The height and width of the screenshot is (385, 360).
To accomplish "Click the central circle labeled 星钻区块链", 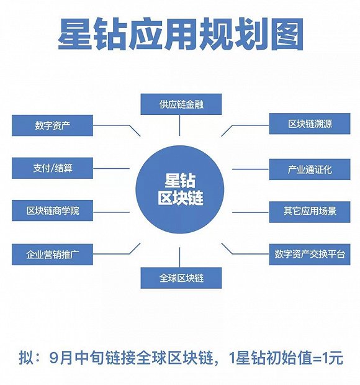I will [x=179, y=190].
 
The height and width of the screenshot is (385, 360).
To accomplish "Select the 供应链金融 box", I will [x=181, y=104].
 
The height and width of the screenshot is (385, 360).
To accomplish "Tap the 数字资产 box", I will [x=52, y=125].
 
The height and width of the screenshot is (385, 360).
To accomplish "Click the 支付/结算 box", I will [x=52, y=168].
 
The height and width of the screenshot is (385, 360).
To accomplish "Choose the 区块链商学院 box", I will [x=52, y=211].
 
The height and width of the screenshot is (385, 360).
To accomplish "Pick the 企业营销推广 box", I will [x=52, y=254].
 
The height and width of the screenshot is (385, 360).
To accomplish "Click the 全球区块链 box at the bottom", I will [x=181, y=277].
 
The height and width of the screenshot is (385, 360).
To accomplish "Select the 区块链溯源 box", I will [x=309, y=124].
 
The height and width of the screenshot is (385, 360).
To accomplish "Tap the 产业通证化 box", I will [x=309, y=169].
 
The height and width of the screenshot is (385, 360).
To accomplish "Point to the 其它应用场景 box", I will [x=309, y=211].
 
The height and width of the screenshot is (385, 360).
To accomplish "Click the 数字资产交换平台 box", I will [x=309, y=254].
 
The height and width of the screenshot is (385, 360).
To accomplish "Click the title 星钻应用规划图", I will [x=180, y=35].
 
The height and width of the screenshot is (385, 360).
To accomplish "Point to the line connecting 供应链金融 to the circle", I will [x=180, y=125].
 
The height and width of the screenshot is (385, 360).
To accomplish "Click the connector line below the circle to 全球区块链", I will [x=180, y=256].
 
